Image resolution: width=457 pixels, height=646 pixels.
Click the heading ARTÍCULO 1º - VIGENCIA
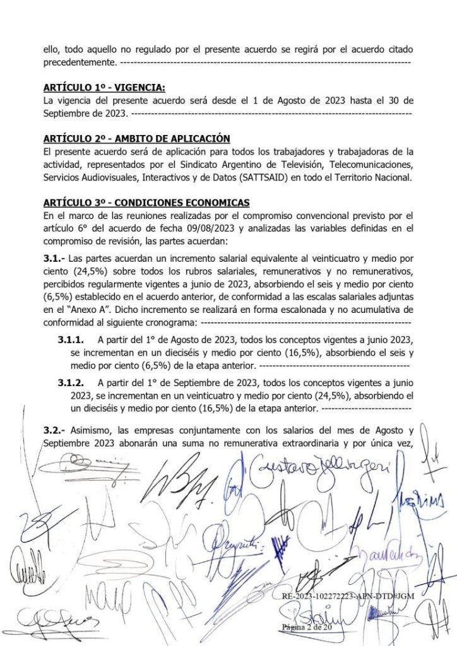(x=104, y=88)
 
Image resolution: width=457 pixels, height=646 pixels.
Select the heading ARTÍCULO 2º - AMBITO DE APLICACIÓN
(x=136, y=139)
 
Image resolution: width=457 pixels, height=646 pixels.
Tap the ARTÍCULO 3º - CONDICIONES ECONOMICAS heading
(x=146, y=202)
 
